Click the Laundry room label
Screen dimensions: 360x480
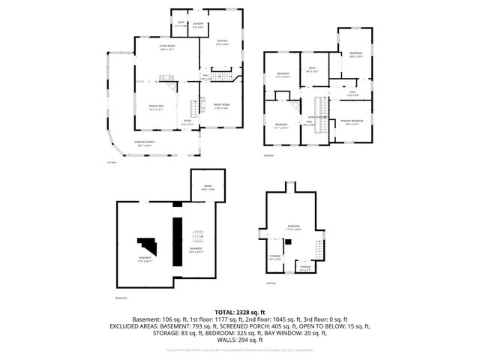click(x=197, y=25)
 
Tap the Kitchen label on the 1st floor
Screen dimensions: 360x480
click(x=222, y=43)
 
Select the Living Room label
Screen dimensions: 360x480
click(x=166, y=49)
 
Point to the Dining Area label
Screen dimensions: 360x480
click(x=156, y=107)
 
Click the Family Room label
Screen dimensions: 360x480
click(x=221, y=106)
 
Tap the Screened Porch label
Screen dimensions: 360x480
click(x=145, y=144)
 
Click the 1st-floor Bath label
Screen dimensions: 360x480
click(x=181, y=25)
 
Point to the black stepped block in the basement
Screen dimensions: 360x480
click(x=147, y=246)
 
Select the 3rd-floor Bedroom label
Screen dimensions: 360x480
click(x=293, y=227)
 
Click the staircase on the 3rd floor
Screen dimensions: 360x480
click(x=319, y=250)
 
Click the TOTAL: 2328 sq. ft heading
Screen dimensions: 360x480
click(x=239, y=311)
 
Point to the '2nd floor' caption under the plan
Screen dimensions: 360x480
click(x=268, y=156)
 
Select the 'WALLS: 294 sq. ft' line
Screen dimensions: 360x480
click(x=239, y=339)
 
